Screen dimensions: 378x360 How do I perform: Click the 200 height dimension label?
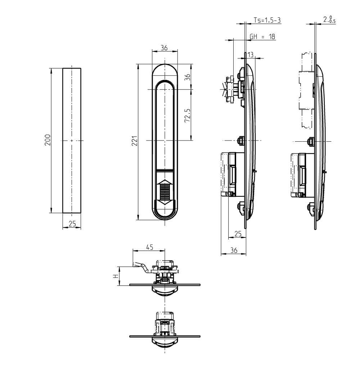[x=48, y=140]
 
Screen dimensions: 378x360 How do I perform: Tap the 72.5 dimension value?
[x=187, y=115]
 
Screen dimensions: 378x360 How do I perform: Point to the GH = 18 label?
[x=262, y=36]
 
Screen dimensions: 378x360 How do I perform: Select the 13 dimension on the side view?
[x=251, y=54]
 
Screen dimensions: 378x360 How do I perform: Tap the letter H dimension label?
[x=115, y=276]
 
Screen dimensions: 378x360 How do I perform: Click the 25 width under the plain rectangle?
[x=72, y=224]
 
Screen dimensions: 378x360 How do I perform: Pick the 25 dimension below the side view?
[x=238, y=234]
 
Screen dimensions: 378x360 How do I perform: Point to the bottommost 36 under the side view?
[x=233, y=251]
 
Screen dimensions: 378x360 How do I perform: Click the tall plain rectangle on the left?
[x=72, y=140]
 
